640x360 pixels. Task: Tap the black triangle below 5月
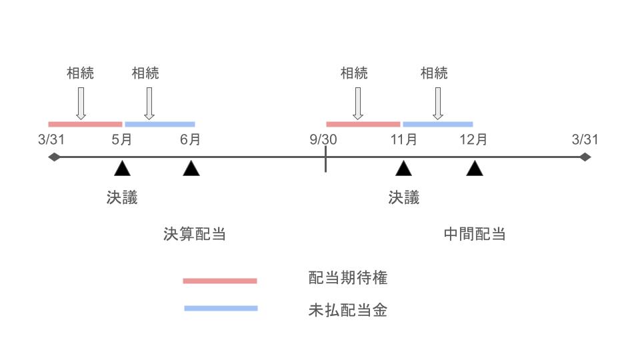click(x=122, y=169)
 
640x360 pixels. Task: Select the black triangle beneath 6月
click(x=191, y=169)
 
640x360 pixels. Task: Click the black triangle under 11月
click(x=403, y=169)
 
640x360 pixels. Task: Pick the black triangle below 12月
click(x=475, y=169)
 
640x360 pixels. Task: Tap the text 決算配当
click(x=194, y=234)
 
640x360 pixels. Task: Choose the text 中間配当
click(x=475, y=234)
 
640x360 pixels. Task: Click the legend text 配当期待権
click(x=347, y=279)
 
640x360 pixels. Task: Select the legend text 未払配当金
click(x=347, y=310)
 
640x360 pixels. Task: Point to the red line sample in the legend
click(x=220, y=281)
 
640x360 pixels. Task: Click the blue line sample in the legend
click(x=220, y=308)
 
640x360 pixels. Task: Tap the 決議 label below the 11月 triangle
click(x=404, y=197)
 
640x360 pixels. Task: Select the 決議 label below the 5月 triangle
click(x=122, y=197)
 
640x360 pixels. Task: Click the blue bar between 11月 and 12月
click(x=437, y=124)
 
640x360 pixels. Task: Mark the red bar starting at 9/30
click(x=363, y=124)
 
